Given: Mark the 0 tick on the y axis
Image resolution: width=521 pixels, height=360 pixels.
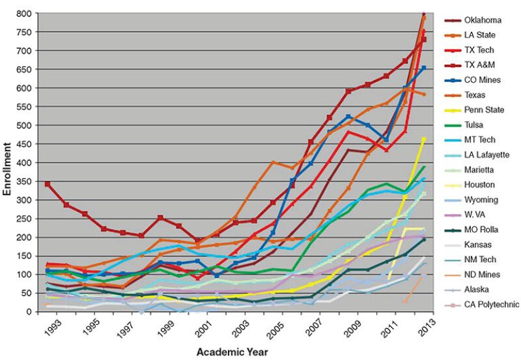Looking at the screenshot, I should pyautogui.click(x=29, y=311).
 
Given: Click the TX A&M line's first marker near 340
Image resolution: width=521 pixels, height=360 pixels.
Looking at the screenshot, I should pyautogui.click(x=48, y=184).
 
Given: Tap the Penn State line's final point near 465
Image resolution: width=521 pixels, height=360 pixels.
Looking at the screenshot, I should pyautogui.click(x=424, y=139).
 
